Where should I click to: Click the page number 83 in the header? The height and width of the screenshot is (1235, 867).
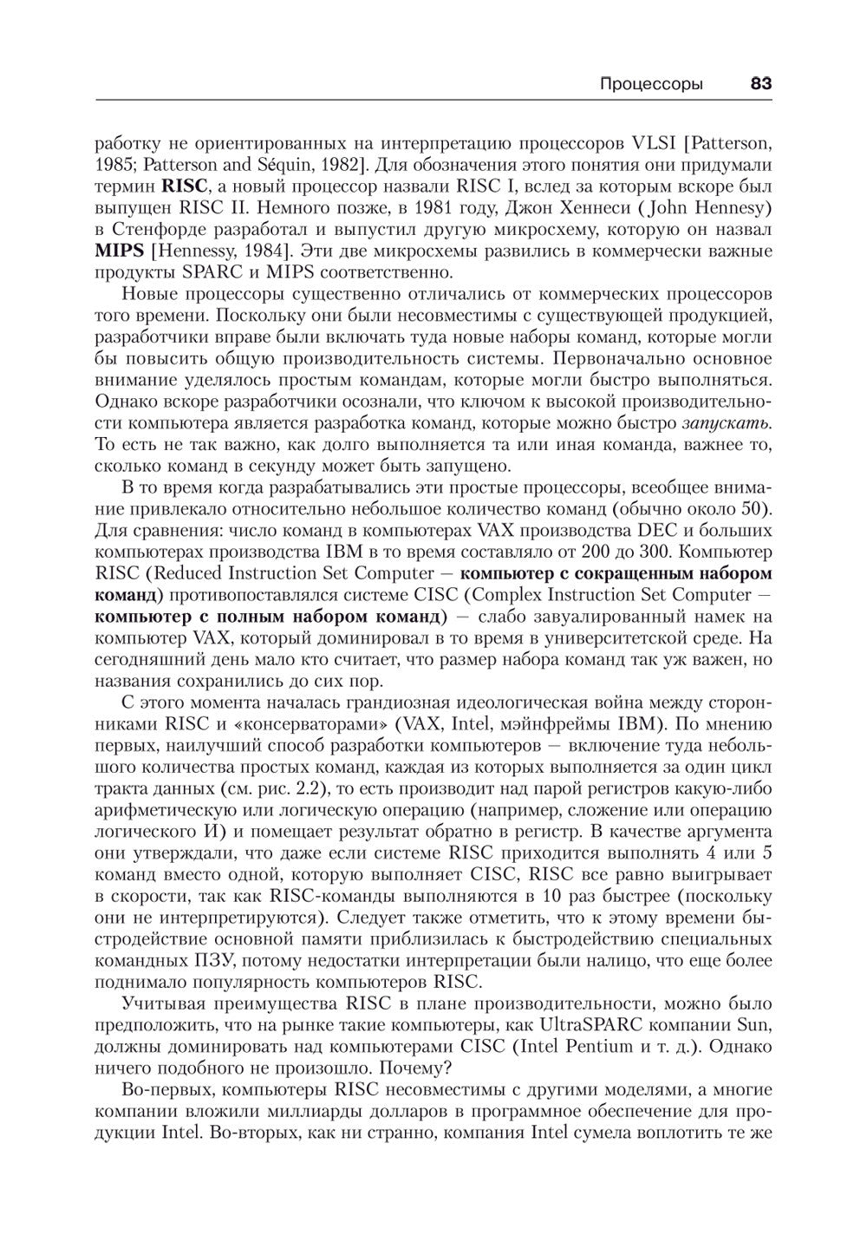[x=760, y=84]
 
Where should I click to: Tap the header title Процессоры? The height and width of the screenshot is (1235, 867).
[x=651, y=84]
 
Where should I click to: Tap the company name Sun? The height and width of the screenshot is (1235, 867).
[x=755, y=1024]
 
